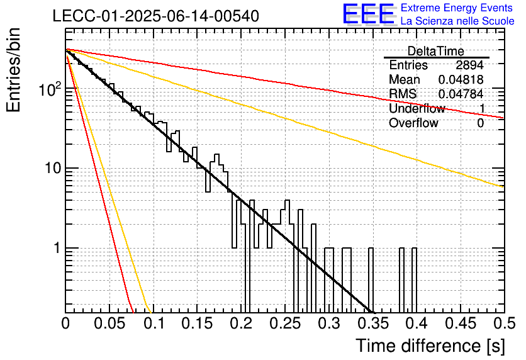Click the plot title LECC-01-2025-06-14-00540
tap(156, 16)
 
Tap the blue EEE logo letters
tap(368, 14)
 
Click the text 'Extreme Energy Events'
tap(457, 8)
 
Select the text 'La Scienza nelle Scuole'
tap(457, 21)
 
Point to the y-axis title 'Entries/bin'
tap(13, 70)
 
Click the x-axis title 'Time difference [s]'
tap(430, 346)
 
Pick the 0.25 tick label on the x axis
tap(285, 323)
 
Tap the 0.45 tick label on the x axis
tap(461, 323)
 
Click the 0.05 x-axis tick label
tap(109, 323)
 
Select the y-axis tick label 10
tap(53, 168)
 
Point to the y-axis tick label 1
tap(57, 248)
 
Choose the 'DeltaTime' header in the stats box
tap(436, 51)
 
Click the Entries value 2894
tap(469, 65)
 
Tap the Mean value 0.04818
tap(461, 79)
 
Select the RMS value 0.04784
tap(461, 94)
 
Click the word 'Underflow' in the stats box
tap(417, 108)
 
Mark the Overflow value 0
tap(480, 123)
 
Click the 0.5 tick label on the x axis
tap(504, 323)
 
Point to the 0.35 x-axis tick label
tap(372, 323)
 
